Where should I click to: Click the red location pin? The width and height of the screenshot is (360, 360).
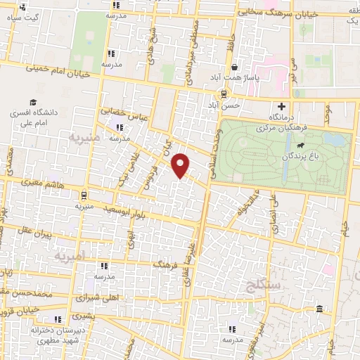181,165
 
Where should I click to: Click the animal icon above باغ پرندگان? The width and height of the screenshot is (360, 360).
300,145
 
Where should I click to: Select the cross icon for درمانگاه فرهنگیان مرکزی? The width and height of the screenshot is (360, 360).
282,106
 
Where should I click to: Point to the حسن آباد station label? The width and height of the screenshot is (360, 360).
228,104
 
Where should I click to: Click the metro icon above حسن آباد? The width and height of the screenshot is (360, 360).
224,94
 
